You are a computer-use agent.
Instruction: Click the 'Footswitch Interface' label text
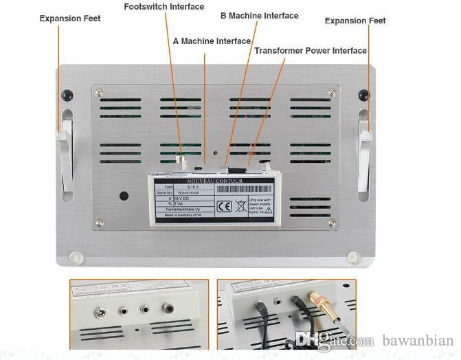(164, 7)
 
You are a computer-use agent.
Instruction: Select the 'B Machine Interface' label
(259, 16)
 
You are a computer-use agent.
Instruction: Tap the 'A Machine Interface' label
(211, 41)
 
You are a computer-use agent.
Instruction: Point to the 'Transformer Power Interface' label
(311, 51)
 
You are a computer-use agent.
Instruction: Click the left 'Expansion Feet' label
(70, 19)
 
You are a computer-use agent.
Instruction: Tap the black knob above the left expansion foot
(67, 93)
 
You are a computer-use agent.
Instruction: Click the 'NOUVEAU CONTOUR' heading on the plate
(217, 181)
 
